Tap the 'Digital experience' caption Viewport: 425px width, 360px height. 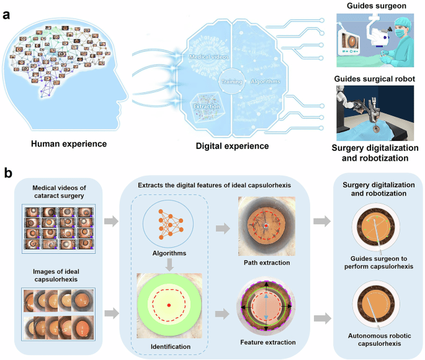pos(233,146)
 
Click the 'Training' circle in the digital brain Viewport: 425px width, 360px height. pos(231,81)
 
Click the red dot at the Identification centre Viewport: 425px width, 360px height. pos(169,305)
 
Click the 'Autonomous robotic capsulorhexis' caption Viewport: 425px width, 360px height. pos(377,338)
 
